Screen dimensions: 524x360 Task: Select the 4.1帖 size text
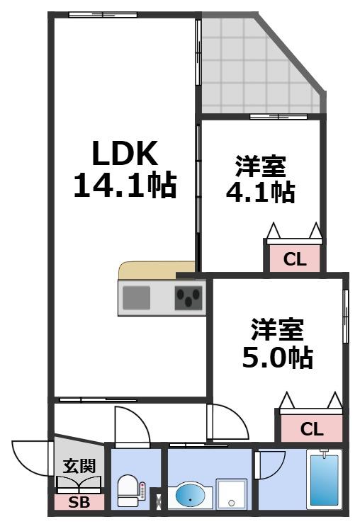[x=260, y=192]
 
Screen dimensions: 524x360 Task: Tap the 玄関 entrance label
[x=79, y=466]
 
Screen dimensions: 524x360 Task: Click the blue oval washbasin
[x=190, y=495]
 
